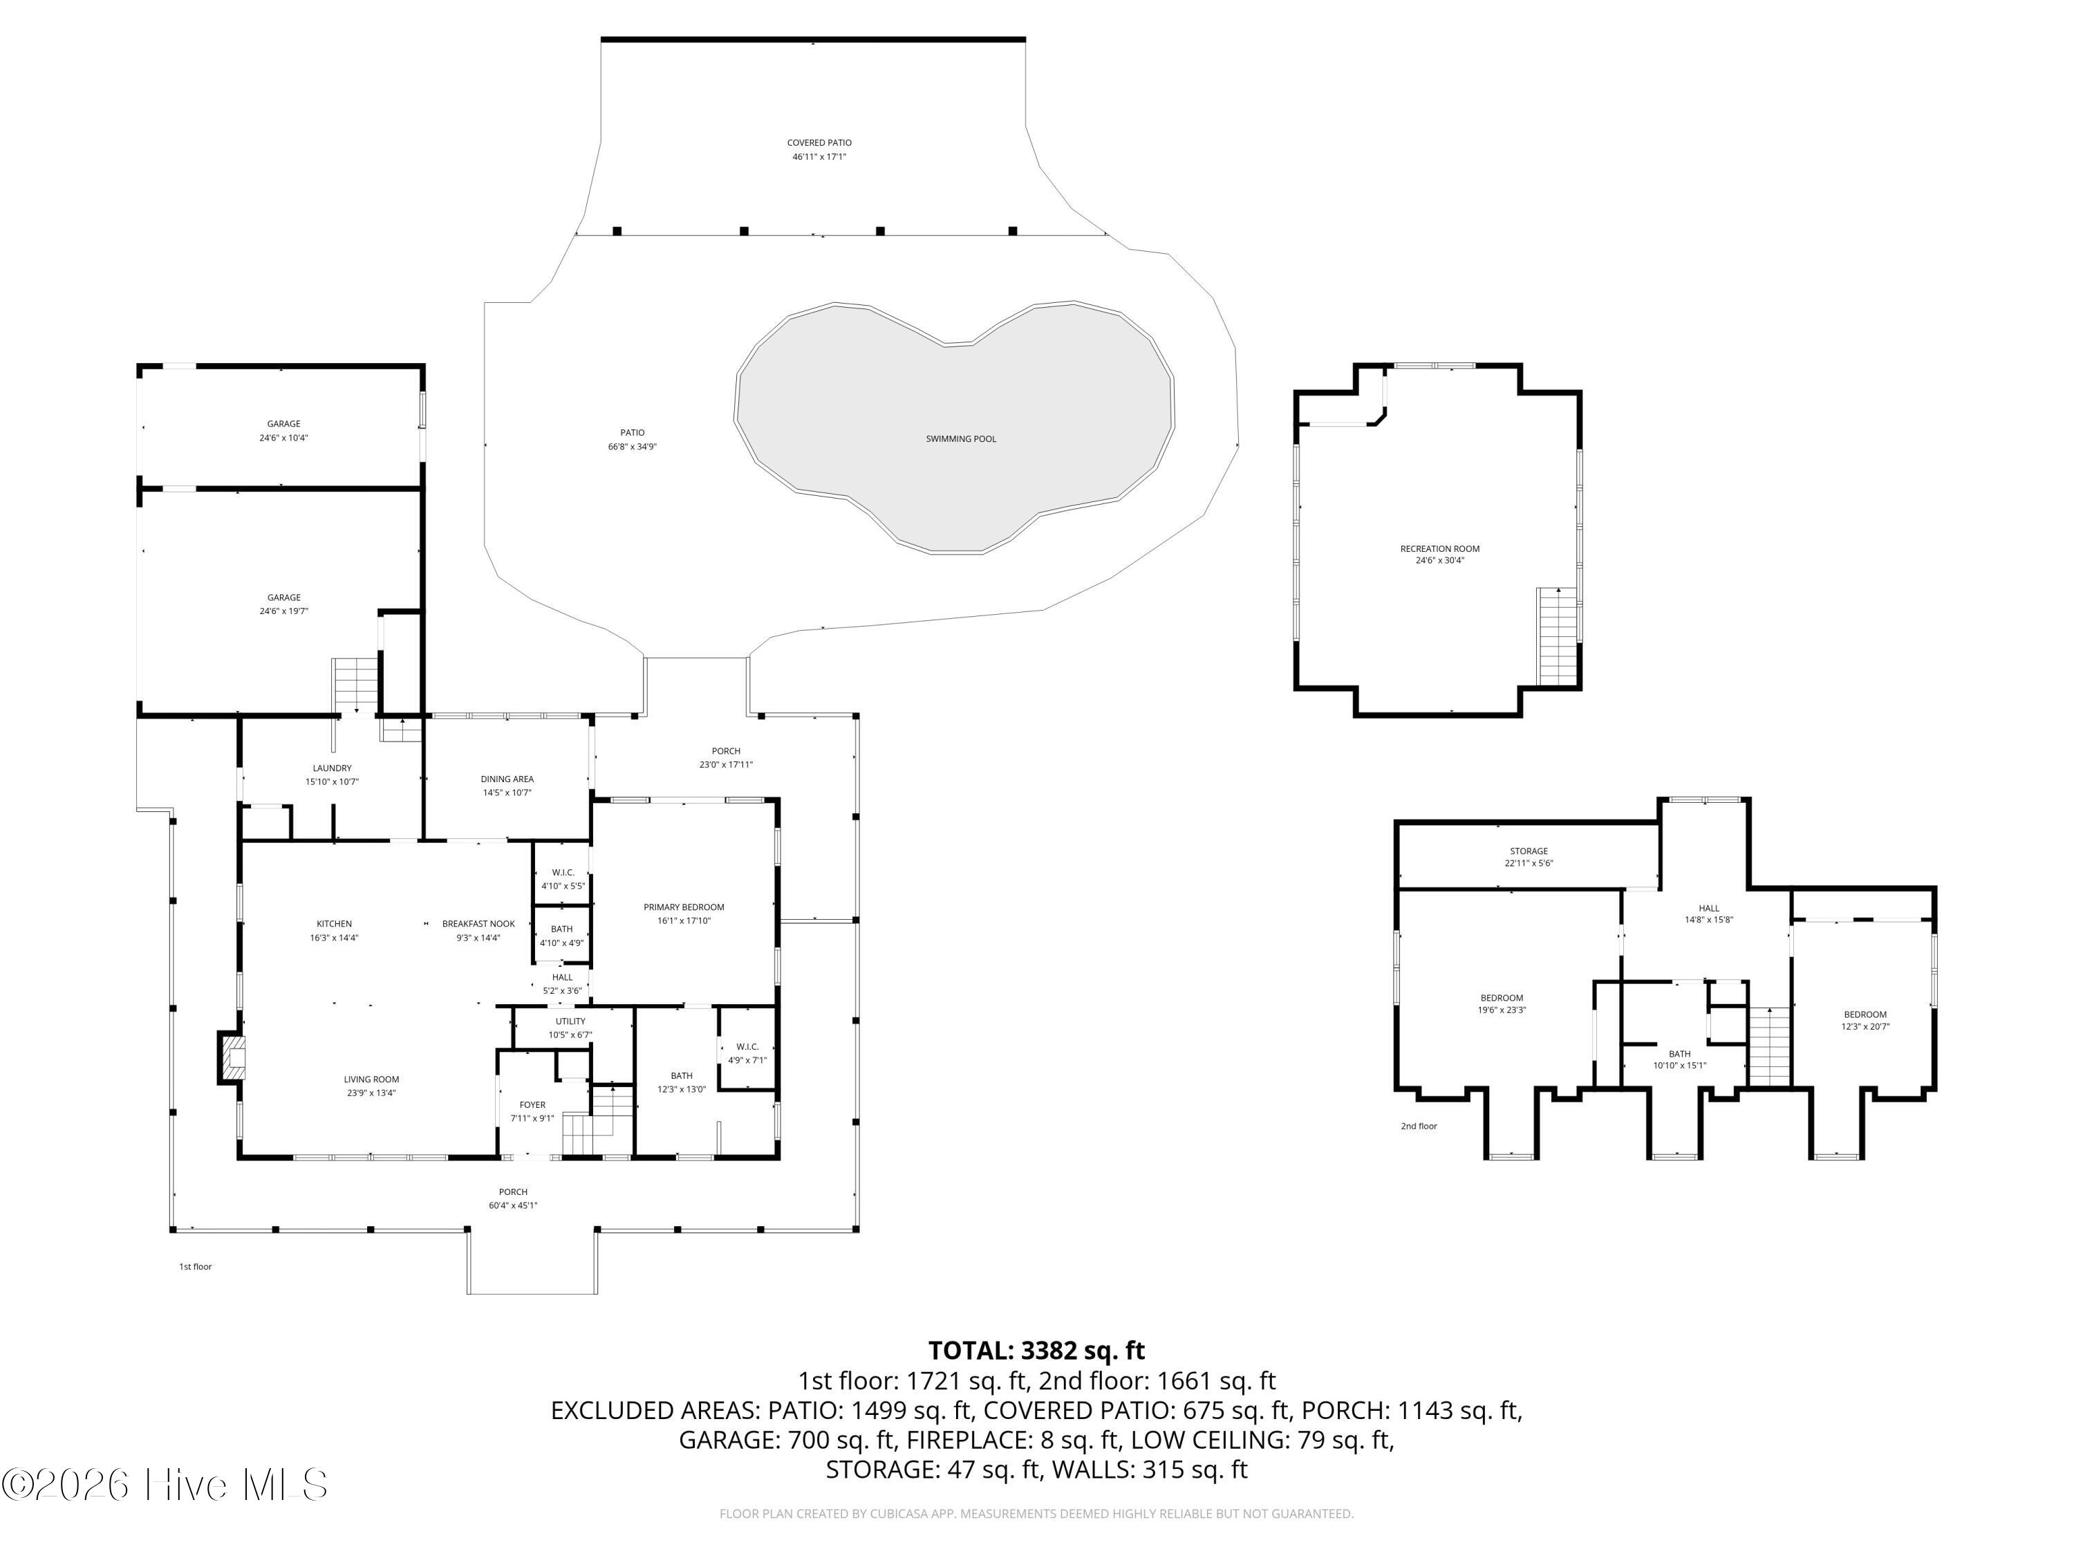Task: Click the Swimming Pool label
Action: click(x=961, y=439)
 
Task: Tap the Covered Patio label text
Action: click(x=819, y=142)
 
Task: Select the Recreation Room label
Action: click(x=1439, y=548)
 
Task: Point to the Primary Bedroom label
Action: click(x=684, y=907)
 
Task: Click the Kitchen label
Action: click(x=334, y=924)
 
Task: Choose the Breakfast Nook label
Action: click(x=478, y=924)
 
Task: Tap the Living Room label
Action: click(x=371, y=1080)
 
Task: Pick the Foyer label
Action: click(x=532, y=1105)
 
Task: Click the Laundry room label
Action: click(x=332, y=768)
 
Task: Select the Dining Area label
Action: click(x=507, y=779)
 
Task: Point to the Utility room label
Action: click(x=570, y=1021)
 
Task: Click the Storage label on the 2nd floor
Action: click(x=1529, y=851)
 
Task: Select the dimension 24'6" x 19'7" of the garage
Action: click(x=284, y=611)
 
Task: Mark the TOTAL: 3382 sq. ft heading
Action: click(x=1036, y=1351)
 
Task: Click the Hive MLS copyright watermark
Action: click(x=165, y=1485)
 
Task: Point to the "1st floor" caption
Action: click(x=195, y=1266)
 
